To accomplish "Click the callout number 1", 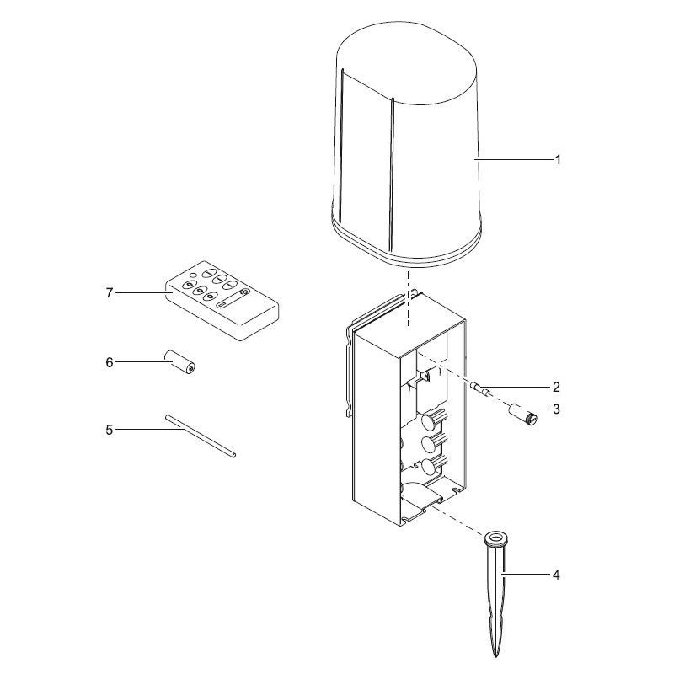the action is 558,160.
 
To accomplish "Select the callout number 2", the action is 556,387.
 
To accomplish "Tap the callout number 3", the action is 556,409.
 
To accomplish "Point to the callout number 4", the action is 556,575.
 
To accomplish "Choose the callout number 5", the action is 110,430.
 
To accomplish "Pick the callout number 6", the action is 110,363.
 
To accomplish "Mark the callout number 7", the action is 110,293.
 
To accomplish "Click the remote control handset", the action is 222,301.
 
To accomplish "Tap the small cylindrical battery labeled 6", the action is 179,362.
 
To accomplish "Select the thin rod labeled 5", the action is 201,436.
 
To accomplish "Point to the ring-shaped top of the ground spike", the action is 496,538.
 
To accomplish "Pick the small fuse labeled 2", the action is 480,388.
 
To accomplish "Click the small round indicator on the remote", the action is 194,276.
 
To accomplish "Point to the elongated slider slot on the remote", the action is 234,299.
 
